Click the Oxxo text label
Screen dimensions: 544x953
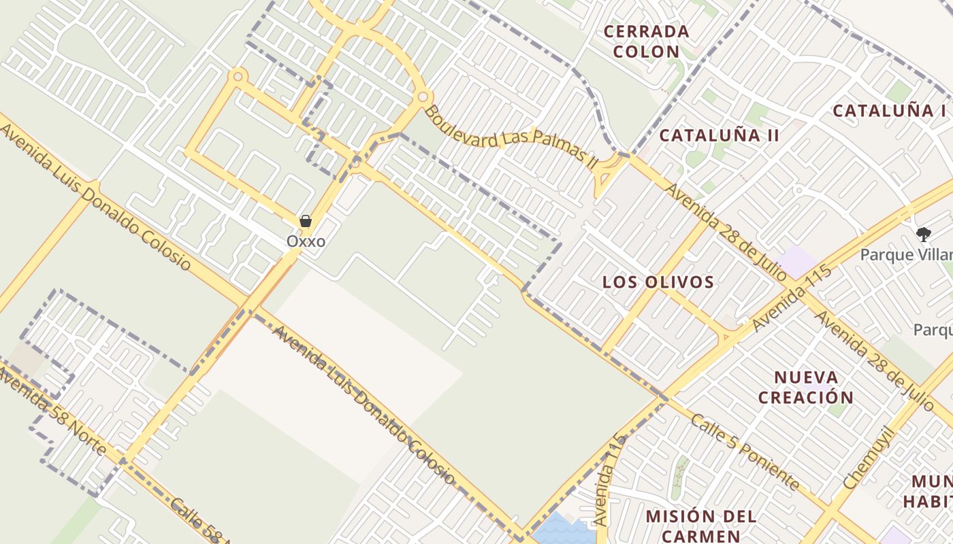coord(306,241)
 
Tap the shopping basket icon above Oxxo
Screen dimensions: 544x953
coord(306,221)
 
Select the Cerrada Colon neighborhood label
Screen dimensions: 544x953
coord(647,41)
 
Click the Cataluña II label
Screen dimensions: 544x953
coord(720,135)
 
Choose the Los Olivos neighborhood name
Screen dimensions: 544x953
coord(658,282)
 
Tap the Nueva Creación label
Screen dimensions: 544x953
coord(806,388)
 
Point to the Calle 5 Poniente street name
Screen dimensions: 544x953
coord(745,452)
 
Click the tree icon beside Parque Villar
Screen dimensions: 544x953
coord(923,235)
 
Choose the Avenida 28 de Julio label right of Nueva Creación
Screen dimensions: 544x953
coord(874,360)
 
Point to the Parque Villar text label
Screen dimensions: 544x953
coord(906,255)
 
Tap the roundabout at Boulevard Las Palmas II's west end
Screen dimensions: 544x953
coord(423,97)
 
